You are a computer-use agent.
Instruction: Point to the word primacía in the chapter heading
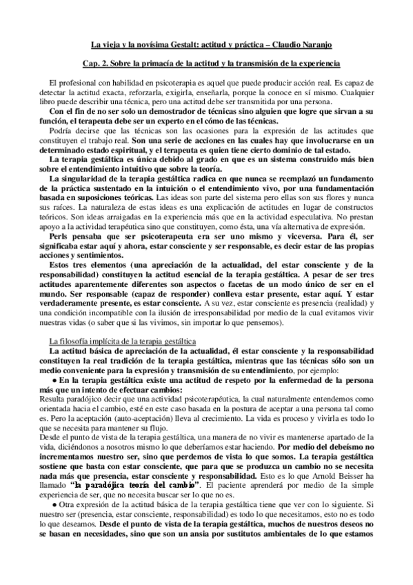click(x=158, y=63)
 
